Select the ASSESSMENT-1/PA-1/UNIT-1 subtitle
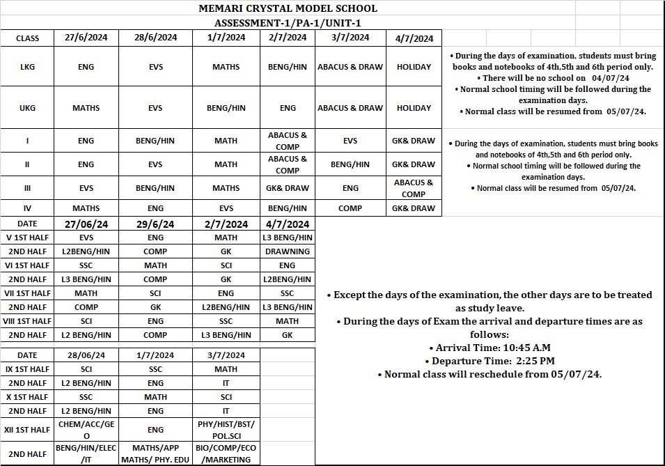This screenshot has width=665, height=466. pyautogui.click(x=288, y=23)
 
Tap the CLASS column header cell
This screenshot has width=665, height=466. pyautogui.click(x=27, y=38)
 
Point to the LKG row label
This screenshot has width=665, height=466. pyautogui.click(x=27, y=67)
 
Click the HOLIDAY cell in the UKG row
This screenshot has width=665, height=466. pyautogui.click(x=414, y=108)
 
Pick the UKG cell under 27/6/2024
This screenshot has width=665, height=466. pyautogui.click(x=86, y=108)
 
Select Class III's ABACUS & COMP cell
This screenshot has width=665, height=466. pyautogui.click(x=414, y=188)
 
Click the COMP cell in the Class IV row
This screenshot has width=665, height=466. pyautogui.click(x=350, y=208)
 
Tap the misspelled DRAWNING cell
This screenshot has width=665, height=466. pyautogui.click(x=287, y=251)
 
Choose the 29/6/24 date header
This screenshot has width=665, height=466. pyautogui.click(x=155, y=224)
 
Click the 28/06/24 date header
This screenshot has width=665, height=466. pyautogui.click(x=86, y=355)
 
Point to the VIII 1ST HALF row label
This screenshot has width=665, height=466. pyautogui.click(x=28, y=321)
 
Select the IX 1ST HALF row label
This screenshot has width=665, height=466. pyautogui.click(x=28, y=369)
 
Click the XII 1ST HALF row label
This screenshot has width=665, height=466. pyautogui.click(x=28, y=430)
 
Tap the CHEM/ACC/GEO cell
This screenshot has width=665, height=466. pyautogui.click(x=86, y=430)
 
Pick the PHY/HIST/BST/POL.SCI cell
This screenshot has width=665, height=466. pyautogui.click(x=226, y=430)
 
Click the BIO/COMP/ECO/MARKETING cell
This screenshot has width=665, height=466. pyautogui.click(x=226, y=454)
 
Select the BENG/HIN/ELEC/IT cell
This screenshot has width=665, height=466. pyautogui.click(x=86, y=454)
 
